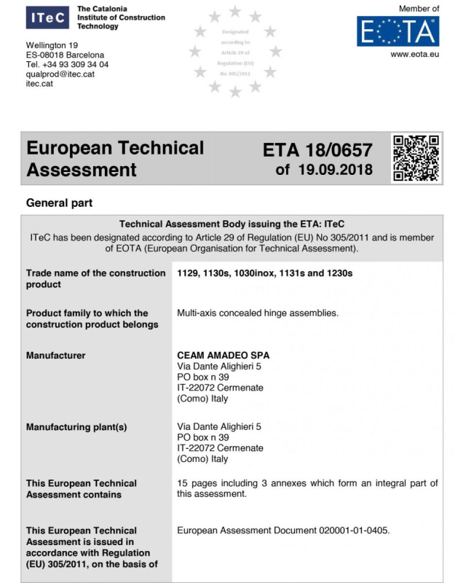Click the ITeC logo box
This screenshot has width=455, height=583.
tap(48, 17)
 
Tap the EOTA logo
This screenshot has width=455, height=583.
tap(397, 31)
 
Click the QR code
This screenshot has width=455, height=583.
tap(416, 157)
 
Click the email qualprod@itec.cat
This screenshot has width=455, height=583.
tap(60, 74)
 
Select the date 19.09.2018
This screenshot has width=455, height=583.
tap(336, 171)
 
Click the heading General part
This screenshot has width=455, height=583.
tap(59, 203)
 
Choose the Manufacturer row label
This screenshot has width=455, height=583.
tap(55, 356)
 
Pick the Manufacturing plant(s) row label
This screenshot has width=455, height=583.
tap(76, 427)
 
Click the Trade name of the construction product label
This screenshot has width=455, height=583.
tap(95, 278)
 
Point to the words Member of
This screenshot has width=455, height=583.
tap(419, 9)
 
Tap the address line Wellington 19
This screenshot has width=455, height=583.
tap(52, 46)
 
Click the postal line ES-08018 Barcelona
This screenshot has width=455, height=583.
tap(65, 55)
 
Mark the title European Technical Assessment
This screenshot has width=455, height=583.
tap(115, 159)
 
